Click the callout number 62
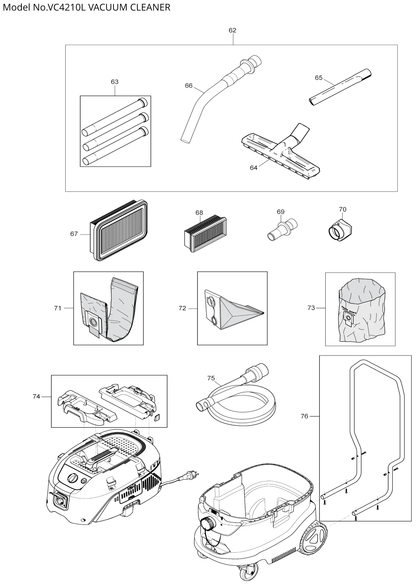click(232, 30)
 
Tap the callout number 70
click(342, 209)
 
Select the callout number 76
click(304, 416)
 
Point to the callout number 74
click(36, 396)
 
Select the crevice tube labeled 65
click(341, 87)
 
